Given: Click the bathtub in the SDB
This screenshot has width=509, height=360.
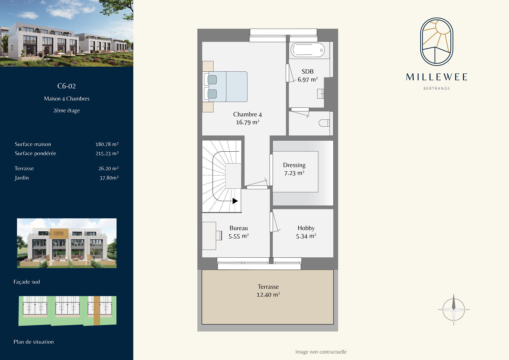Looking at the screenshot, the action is [x=307, y=50].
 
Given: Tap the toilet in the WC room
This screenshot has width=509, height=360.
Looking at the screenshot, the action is [x=324, y=123].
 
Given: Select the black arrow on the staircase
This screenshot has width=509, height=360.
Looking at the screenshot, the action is [x=235, y=201].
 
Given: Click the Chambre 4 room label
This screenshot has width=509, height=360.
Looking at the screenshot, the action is [x=247, y=118].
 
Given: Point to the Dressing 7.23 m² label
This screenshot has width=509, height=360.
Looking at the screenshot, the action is [x=294, y=169].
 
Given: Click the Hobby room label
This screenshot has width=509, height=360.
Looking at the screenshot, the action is [x=306, y=232].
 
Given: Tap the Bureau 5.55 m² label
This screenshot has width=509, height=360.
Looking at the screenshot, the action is [x=239, y=232].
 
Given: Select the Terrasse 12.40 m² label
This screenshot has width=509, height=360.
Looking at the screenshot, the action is [x=268, y=290].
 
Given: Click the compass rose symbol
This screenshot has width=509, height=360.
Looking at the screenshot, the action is [x=454, y=310].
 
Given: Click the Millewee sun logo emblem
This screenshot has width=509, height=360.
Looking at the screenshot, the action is [x=437, y=42].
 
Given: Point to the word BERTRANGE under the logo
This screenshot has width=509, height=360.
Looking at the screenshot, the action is [x=437, y=88].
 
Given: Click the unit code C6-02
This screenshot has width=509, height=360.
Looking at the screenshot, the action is [x=66, y=86].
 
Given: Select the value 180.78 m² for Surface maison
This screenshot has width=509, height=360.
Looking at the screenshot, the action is [x=107, y=144].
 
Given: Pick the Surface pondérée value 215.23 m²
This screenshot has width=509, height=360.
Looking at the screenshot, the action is [x=107, y=153].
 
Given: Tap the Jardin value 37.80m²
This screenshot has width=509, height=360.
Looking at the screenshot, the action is [x=109, y=178].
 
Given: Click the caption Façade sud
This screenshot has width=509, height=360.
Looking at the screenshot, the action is [x=27, y=282].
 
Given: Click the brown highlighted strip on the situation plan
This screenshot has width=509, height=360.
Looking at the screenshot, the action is [x=97, y=310].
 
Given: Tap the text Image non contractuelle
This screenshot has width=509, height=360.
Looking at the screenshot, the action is [x=321, y=352].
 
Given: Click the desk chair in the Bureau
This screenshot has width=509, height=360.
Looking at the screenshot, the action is [x=219, y=235].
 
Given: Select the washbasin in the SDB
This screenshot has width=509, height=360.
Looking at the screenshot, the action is [x=321, y=94].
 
